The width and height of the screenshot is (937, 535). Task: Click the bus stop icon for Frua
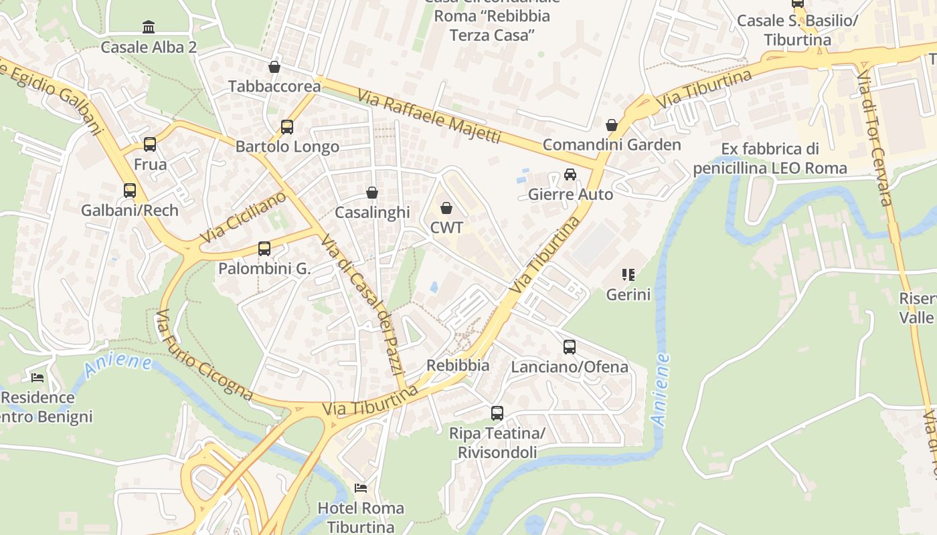(x=150, y=144)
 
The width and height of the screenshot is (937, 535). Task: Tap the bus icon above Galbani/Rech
(x=130, y=190)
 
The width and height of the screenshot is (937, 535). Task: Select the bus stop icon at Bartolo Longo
(x=287, y=126)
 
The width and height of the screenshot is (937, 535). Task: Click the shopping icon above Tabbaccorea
(x=274, y=67)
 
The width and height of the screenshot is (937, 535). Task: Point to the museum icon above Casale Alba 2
(x=149, y=27)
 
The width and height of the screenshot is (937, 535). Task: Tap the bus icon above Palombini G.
(x=264, y=249)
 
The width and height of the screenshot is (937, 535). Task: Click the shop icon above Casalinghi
(x=372, y=193)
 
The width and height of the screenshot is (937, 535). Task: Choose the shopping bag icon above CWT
(x=446, y=208)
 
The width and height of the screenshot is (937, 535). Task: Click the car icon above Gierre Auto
(x=570, y=175)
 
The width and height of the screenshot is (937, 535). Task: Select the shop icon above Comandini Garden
(x=611, y=125)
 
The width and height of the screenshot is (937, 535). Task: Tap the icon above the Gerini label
(x=628, y=274)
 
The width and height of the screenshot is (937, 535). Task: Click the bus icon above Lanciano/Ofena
(x=570, y=347)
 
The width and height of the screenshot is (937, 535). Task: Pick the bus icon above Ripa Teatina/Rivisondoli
(x=497, y=413)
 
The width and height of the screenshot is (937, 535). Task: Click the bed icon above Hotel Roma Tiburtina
(x=361, y=488)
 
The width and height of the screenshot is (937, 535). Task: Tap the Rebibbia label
(x=458, y=366)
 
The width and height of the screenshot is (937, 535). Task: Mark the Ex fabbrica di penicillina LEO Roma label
(x=770, y=158)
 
